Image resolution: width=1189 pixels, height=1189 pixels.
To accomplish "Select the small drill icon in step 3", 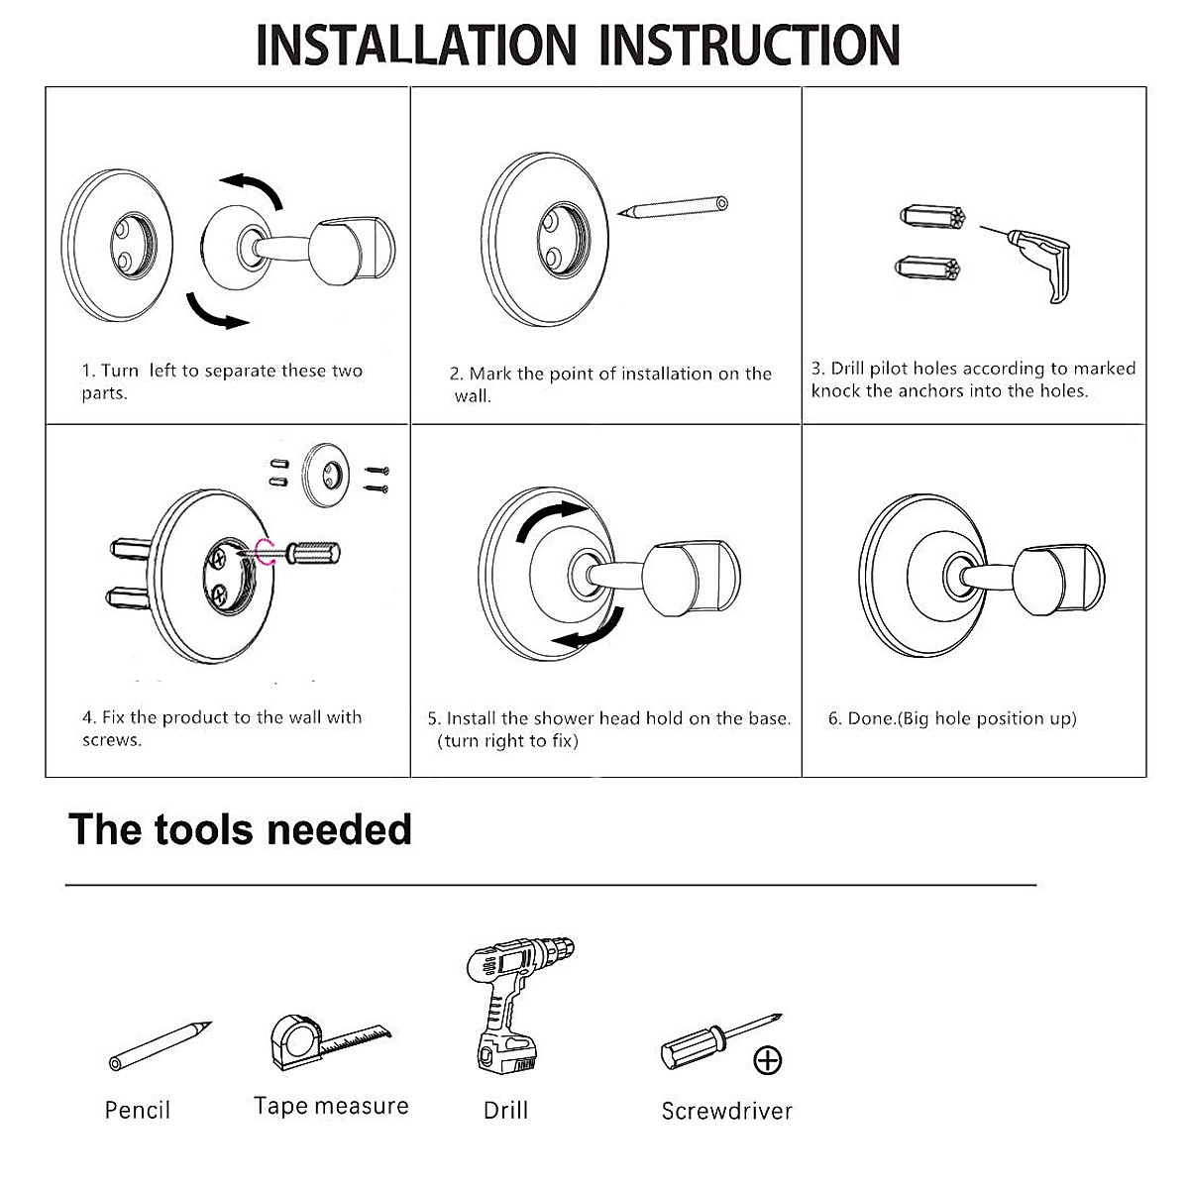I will click(x=1040, y=258).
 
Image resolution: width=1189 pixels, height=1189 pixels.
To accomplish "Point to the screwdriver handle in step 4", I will click(x=315, y=551).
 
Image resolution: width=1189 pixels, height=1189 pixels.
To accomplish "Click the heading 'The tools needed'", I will click(x=240, y=828).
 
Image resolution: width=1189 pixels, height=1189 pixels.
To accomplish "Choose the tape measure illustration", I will click(x=327, y=1041).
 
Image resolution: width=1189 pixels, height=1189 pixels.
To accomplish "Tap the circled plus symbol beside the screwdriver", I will click(x=768, y=1060).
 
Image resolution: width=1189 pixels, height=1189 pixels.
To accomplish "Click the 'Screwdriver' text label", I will click(x=726, y=1111).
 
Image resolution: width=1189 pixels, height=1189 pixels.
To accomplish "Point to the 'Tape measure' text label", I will click(x=331, y=1106).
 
